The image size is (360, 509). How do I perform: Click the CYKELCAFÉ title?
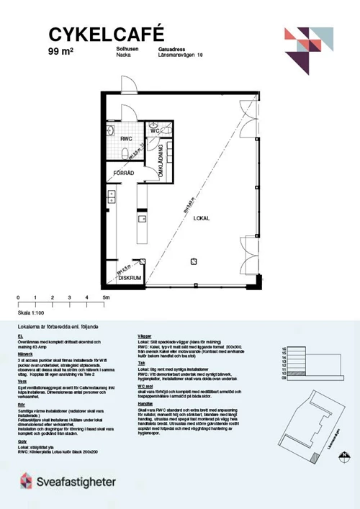107,33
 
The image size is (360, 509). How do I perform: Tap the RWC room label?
126,139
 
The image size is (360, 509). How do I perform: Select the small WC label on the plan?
154,131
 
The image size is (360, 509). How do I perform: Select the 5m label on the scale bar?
105,297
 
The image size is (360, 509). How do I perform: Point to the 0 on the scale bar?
18,297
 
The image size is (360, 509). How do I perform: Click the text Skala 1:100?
32,313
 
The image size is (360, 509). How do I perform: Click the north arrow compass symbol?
344,454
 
